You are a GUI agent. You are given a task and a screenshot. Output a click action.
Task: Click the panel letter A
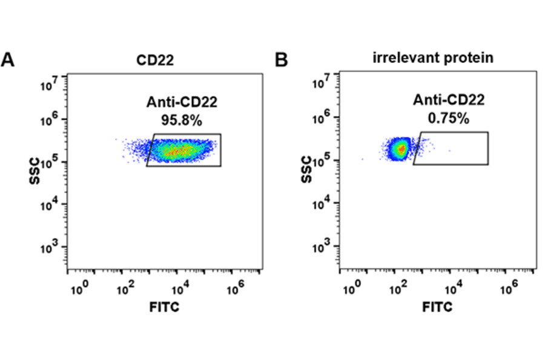click(x=8, y=60)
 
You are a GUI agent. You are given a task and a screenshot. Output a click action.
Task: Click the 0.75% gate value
click(x=448, y=118)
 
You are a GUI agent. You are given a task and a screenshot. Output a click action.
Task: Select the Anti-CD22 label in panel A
click(x=181, y=102)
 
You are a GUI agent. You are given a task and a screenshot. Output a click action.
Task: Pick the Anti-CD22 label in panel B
click(x=449, y=101)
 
